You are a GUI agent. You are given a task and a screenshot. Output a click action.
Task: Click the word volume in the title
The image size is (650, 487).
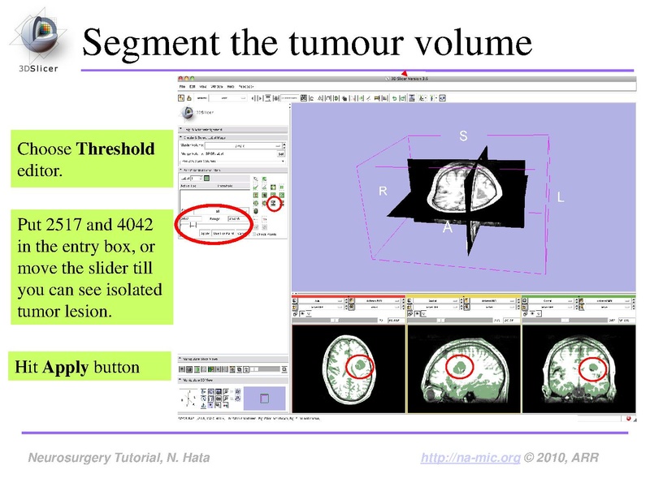tap(472, 43)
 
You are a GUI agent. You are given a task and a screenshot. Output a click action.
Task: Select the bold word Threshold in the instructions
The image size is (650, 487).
tap(115, 149)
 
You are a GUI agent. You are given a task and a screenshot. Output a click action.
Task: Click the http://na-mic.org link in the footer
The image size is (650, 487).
tap(471, 459)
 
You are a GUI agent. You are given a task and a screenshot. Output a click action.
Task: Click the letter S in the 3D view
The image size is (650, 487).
tap(463, 137)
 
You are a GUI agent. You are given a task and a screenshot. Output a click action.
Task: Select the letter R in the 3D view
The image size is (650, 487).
tap(383, 192)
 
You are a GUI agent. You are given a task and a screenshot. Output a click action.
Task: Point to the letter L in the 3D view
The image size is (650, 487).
tap(561, 197)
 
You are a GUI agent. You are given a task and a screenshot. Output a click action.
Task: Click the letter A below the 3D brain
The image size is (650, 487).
tap(447, 229)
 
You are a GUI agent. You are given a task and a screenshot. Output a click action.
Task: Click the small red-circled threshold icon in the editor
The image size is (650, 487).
tap(275, 203)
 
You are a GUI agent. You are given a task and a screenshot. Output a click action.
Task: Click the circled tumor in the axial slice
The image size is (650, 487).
tap(360, 367)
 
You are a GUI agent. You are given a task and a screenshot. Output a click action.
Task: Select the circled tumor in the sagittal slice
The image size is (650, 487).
tap(461, 367)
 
